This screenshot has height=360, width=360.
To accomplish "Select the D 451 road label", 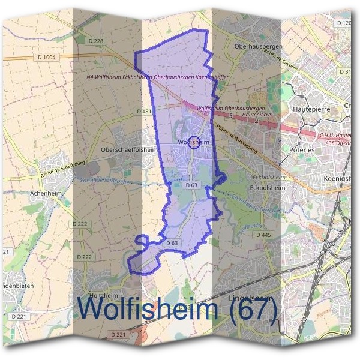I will (144, 111).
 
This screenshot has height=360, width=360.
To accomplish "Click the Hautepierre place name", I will (311, 110).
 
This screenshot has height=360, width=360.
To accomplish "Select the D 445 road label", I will (263, 235).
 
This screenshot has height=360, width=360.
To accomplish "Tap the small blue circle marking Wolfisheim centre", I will (193, 142).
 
